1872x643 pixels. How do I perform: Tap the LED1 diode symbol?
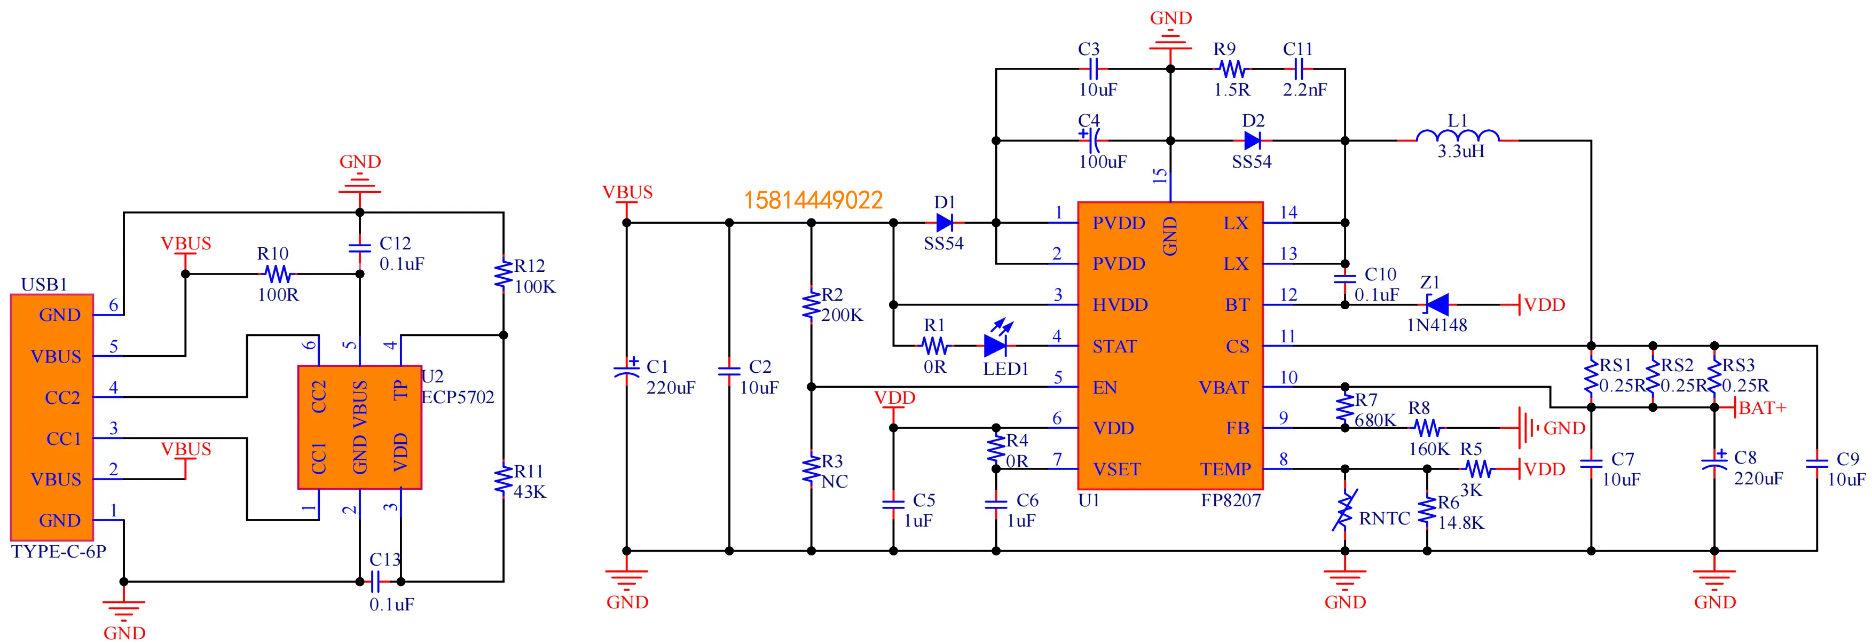point(996,344)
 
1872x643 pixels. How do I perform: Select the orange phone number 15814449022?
point(813,200)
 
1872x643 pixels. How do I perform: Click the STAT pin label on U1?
point(1114,347)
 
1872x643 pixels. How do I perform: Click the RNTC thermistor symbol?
point(1344,510)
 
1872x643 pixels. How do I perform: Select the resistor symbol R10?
point(278,274)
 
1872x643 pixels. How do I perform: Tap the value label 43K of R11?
point(529,492)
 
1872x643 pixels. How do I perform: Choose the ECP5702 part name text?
point(458,397)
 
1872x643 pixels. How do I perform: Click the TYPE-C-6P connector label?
point(59,552)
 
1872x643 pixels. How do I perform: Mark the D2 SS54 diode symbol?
point(1252,140)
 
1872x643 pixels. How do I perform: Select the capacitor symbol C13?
point(376,581)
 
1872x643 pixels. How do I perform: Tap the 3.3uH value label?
point(1461,152)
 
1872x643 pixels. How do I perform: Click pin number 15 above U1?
point(1161,176)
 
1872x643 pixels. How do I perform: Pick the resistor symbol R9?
point(1231,69)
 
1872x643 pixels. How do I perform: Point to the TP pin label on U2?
point(400,390)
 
